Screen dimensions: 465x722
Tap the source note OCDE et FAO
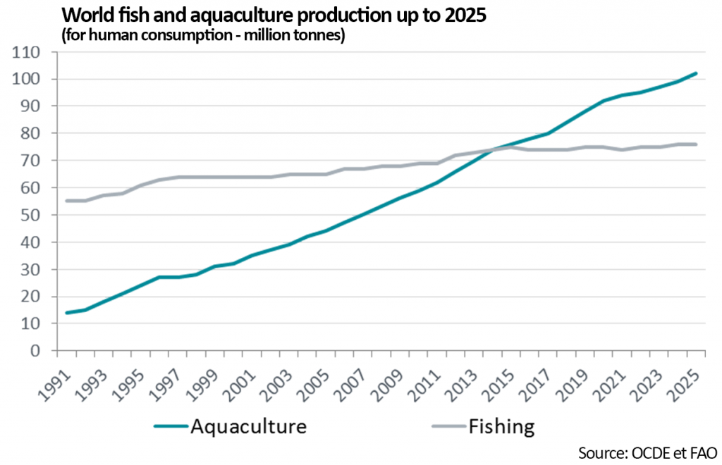[647, 451]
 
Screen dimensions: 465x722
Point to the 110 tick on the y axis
[30, 52]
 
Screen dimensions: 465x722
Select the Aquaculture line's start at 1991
[66, 313]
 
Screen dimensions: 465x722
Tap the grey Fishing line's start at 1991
[66, 201]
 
